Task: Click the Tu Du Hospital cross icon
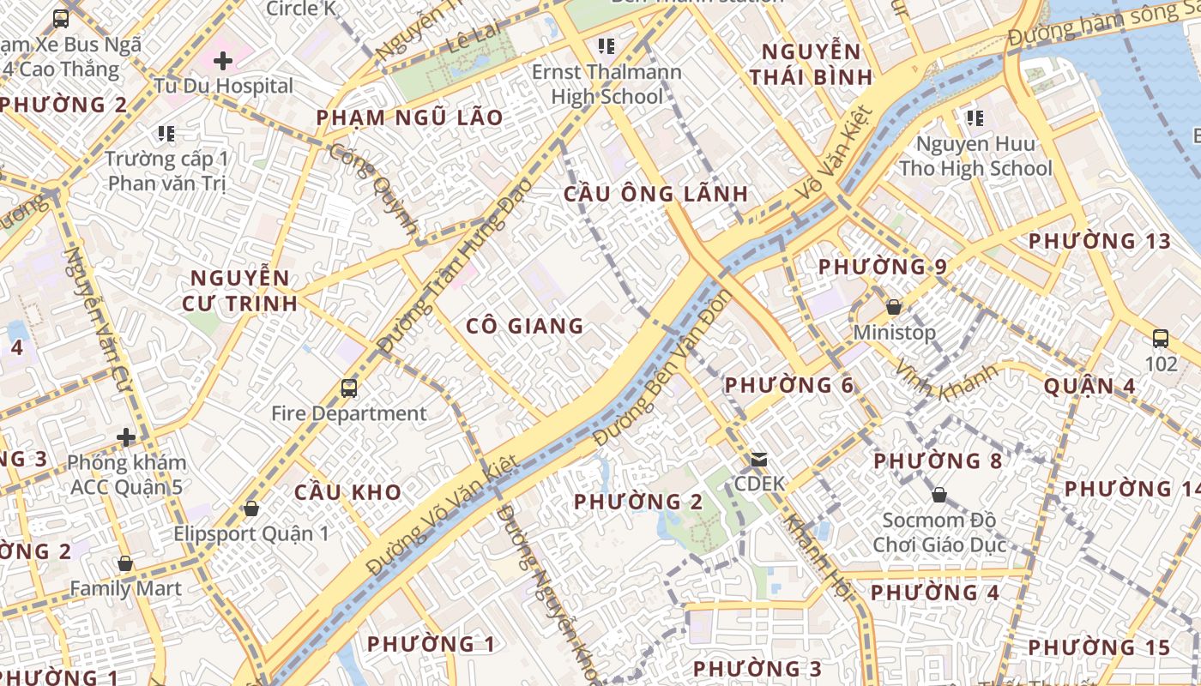point(223,61)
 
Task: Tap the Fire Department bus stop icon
point(349,388)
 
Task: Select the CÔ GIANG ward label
point(525,326)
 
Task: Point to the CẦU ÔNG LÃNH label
point(655,194)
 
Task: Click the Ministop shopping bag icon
point(894,307)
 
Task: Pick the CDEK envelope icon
point(758,460)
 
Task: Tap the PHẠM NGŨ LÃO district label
point(409,117)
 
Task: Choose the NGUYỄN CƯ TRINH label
point(240,290)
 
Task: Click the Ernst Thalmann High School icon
point(607,45)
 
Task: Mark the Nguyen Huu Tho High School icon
point(975,117)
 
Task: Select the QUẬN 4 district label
point(1089,387)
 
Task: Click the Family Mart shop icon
point(125,564)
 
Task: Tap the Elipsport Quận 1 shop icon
point(251,509)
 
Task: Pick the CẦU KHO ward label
point(347,492)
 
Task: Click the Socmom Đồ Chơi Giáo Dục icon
point(939,495)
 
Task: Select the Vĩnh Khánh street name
point(946,382)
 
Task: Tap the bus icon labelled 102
point(1161,339)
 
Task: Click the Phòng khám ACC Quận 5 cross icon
point(126,438)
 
